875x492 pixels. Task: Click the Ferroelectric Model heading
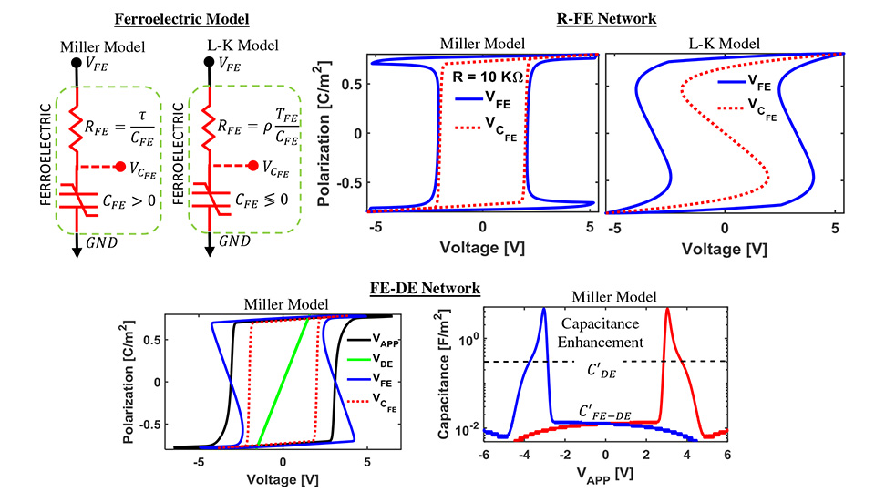[166, 19]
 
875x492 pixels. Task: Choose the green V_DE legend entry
[386, 361]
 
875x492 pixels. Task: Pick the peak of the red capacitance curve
[667, 310]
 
